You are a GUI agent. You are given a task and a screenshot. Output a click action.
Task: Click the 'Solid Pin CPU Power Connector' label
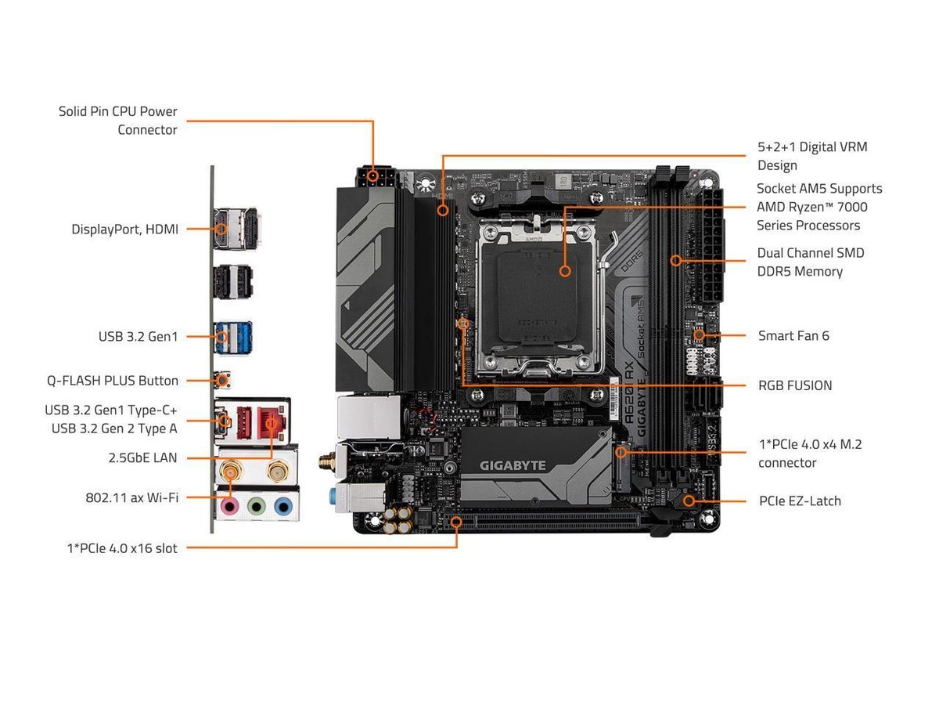coord(117,121)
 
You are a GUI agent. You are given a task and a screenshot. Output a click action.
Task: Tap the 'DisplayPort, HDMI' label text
coord(124,230)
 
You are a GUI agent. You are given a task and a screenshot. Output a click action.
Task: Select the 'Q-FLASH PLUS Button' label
coord(112,381)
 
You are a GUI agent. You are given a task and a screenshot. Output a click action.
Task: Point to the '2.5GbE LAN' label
coord(142,457)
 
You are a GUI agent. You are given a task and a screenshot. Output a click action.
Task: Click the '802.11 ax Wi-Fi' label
coord(131,497)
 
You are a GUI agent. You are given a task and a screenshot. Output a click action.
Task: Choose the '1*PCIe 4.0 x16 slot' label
coord(121,548)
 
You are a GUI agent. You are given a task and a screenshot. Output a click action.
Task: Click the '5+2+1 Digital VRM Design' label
coord(811,156)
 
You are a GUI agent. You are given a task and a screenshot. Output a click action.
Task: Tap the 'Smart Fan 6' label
coord(793,336)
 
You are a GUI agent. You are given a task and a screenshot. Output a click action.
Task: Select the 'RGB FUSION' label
coord(794,385)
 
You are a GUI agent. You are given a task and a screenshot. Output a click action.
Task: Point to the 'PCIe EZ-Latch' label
coord(799,501)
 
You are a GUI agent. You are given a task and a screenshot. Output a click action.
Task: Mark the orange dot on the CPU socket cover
coord(564,270)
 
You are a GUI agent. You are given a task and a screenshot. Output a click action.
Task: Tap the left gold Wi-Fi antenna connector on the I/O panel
coord(230,472)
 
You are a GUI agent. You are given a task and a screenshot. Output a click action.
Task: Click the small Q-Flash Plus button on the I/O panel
coord(224,381)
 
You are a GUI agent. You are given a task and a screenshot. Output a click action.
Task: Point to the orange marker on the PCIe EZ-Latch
coord(689,500)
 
